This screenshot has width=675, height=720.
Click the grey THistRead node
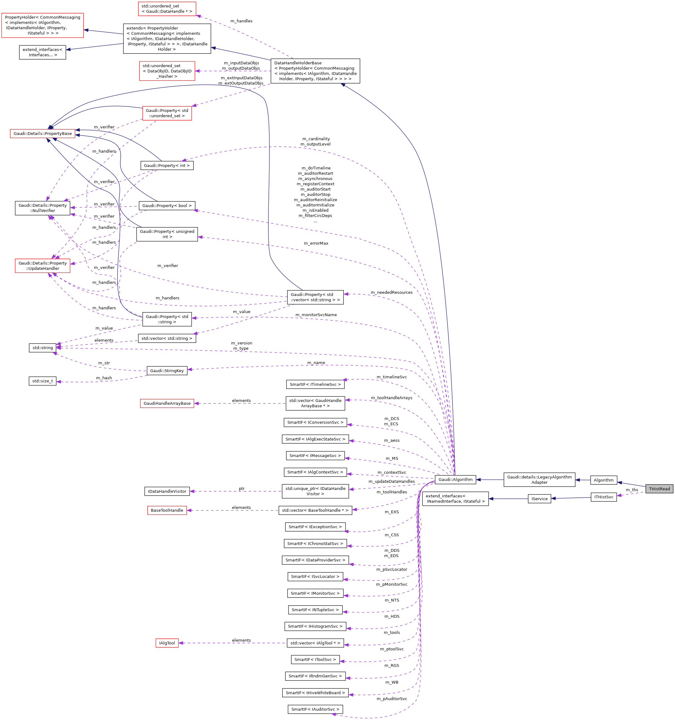[659, 489]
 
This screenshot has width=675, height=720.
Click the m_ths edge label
[632, 490]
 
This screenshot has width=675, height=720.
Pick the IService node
[539, 499]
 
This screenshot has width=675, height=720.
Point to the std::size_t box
[42, 381]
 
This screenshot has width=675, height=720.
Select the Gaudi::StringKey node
[167, 371]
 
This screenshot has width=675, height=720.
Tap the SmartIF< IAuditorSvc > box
[315, 709]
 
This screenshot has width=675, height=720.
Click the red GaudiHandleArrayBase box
[167, 403]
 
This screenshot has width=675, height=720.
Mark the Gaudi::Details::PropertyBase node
[43, 134]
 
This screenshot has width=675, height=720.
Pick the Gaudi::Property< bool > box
[167, 205]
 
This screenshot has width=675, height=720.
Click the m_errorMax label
[316, 243]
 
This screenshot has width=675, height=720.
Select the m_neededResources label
[391, 292]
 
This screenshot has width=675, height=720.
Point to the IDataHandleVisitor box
[167, 491]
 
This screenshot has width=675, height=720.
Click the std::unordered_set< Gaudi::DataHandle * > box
[167, 9]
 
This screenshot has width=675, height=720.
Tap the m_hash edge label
[104, 378]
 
